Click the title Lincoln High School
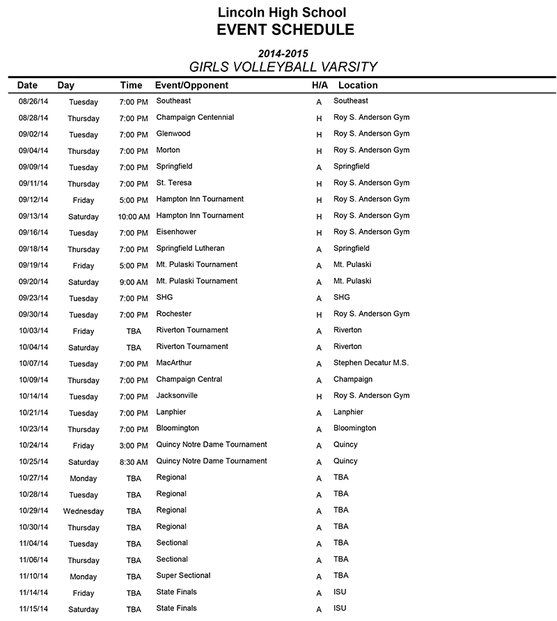click(281, 12)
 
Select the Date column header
click(27, 85)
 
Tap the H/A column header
click(320, 85)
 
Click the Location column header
click(358, 85)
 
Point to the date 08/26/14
click(33, 102)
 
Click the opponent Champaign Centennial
click(195, 117)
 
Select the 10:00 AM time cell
click(134, 217)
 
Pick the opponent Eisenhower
click(176, 232)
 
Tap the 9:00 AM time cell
click(134, 282)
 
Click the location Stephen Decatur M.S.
click(371, 362)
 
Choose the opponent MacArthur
click(174, 362)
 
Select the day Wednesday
click(84, 511)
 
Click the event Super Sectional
click(183, 575)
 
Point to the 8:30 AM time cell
click(134, 462)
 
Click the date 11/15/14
click(33, 609)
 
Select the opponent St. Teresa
click(174, 183)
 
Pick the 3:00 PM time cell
click(134, 445)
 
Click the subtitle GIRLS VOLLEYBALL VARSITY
click(283, 67)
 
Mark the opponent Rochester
click(173, 314)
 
